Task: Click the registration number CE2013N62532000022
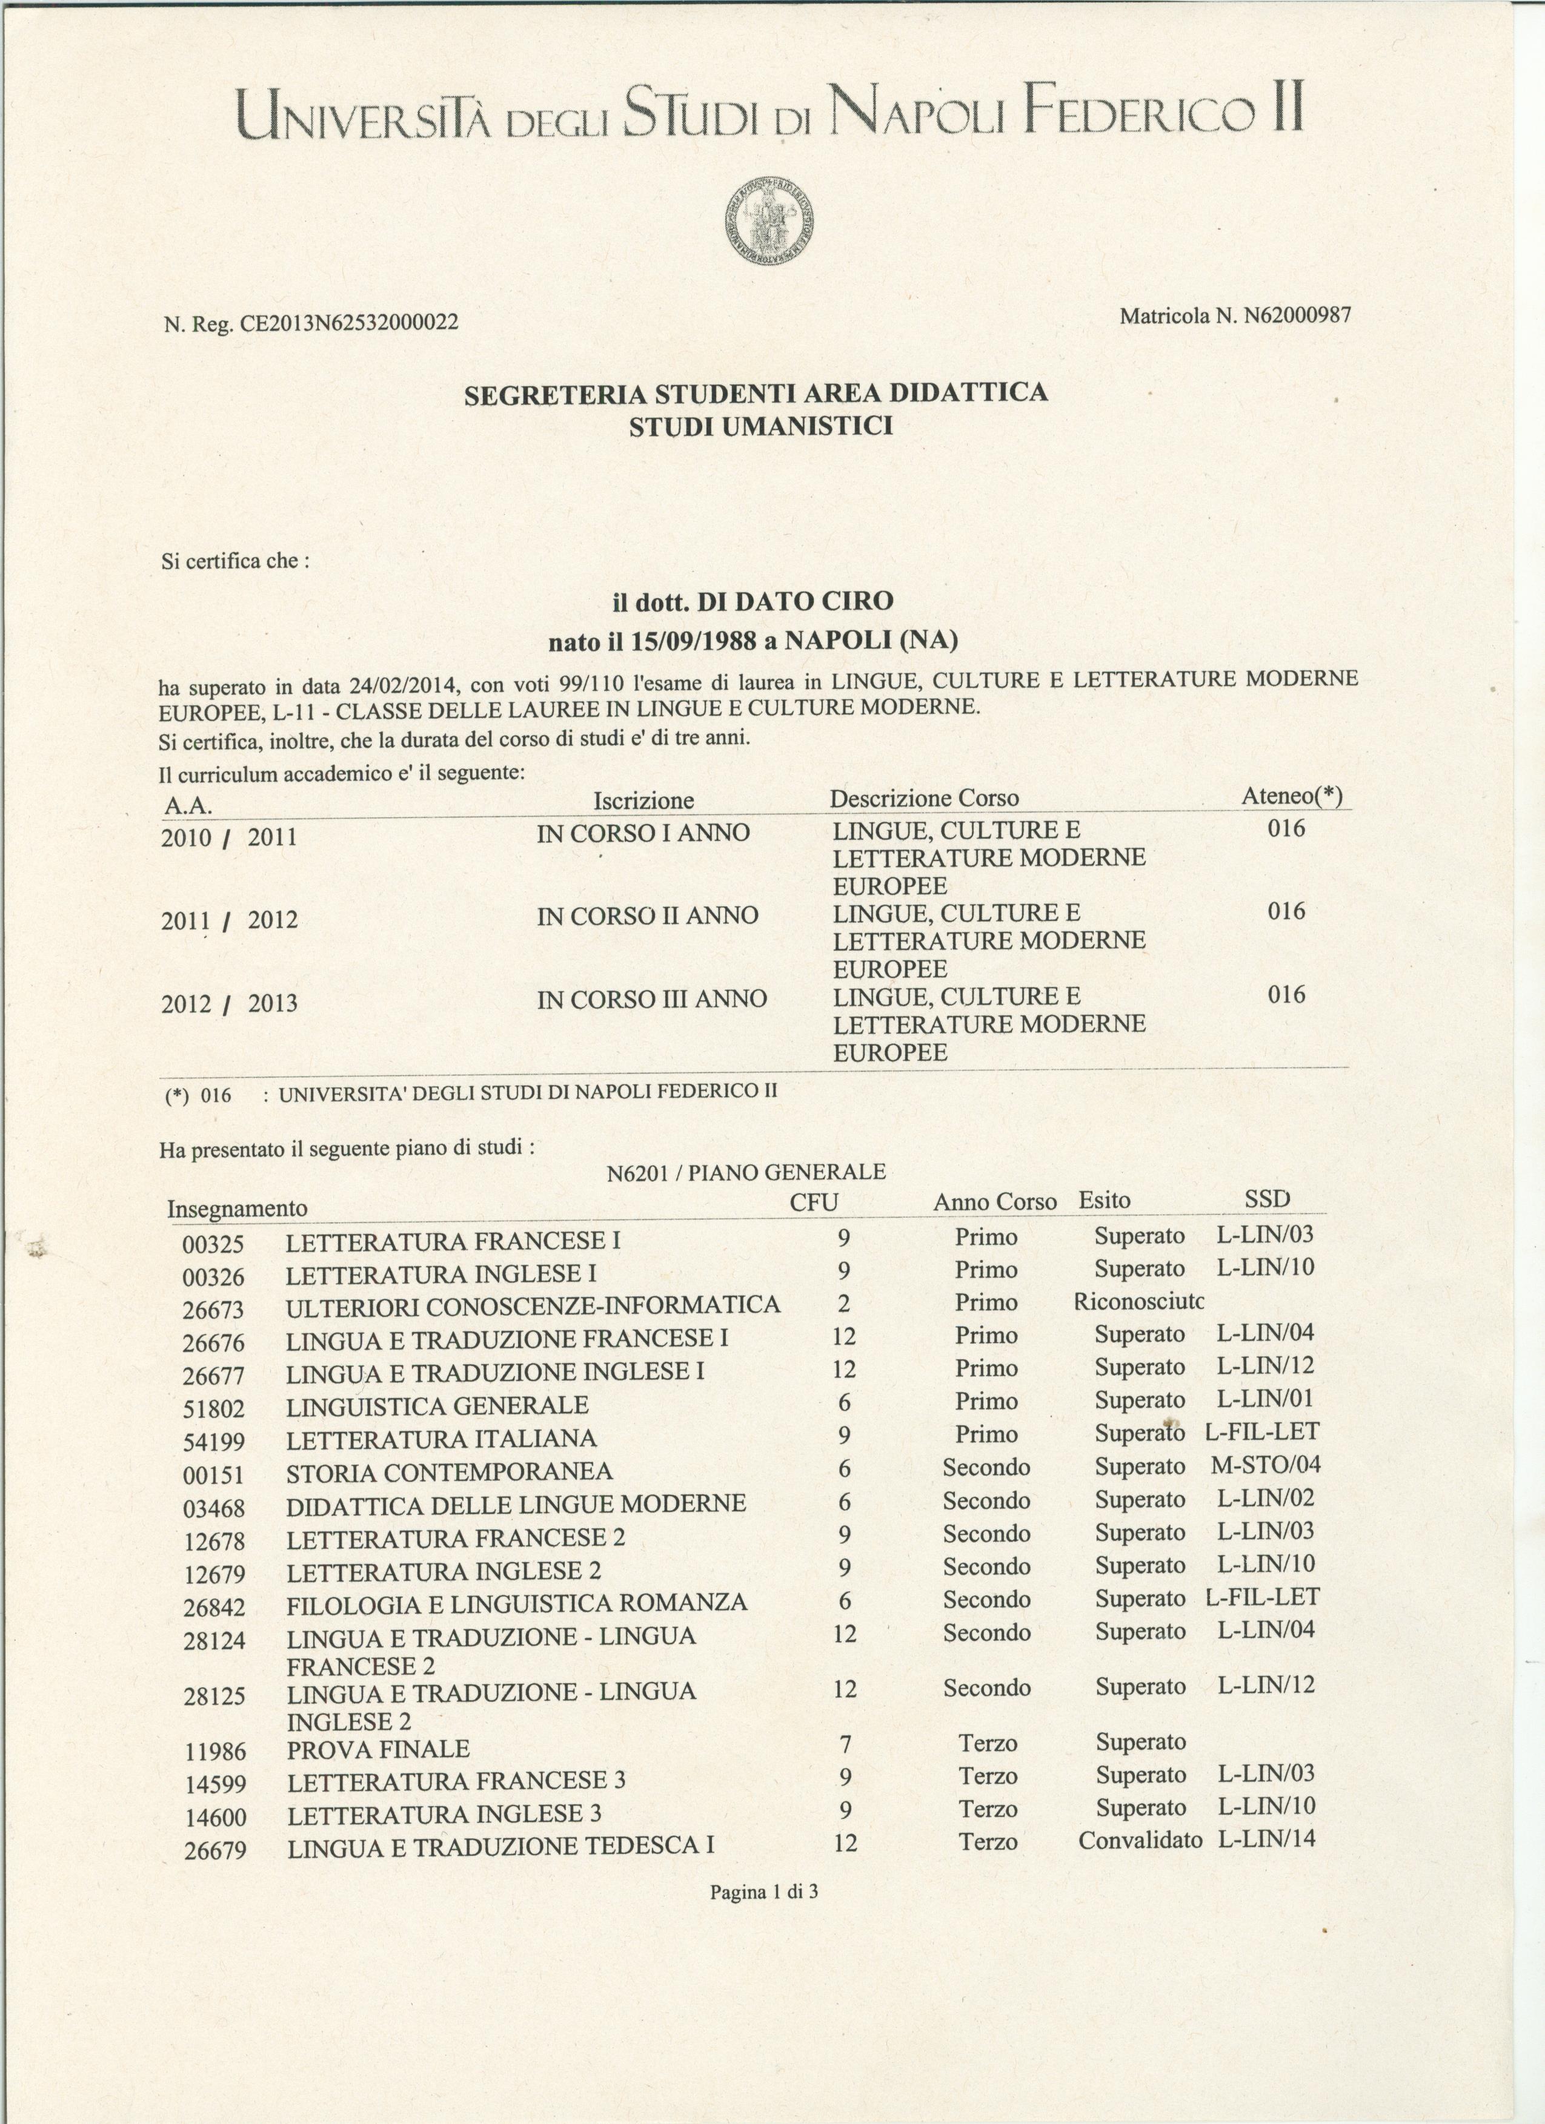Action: [x=350, y=324]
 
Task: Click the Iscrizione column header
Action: [x=643, y=800]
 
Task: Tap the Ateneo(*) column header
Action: [x=1291, y=796]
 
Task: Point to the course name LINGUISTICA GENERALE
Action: [x=437, y=1406]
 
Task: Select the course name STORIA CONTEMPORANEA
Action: [x=450, y=1472]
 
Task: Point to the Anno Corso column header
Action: [x=994, y=1202]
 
